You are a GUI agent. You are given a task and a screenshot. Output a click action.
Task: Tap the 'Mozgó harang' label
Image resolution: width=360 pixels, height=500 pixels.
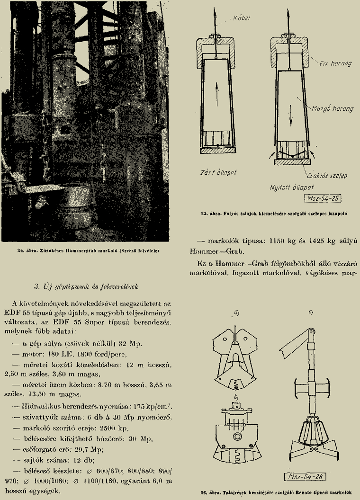pyautogui.click(x=332, y=108)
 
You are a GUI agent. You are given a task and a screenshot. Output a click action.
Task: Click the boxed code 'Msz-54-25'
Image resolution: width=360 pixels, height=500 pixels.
pyautogui.click(x=323, y=198)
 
